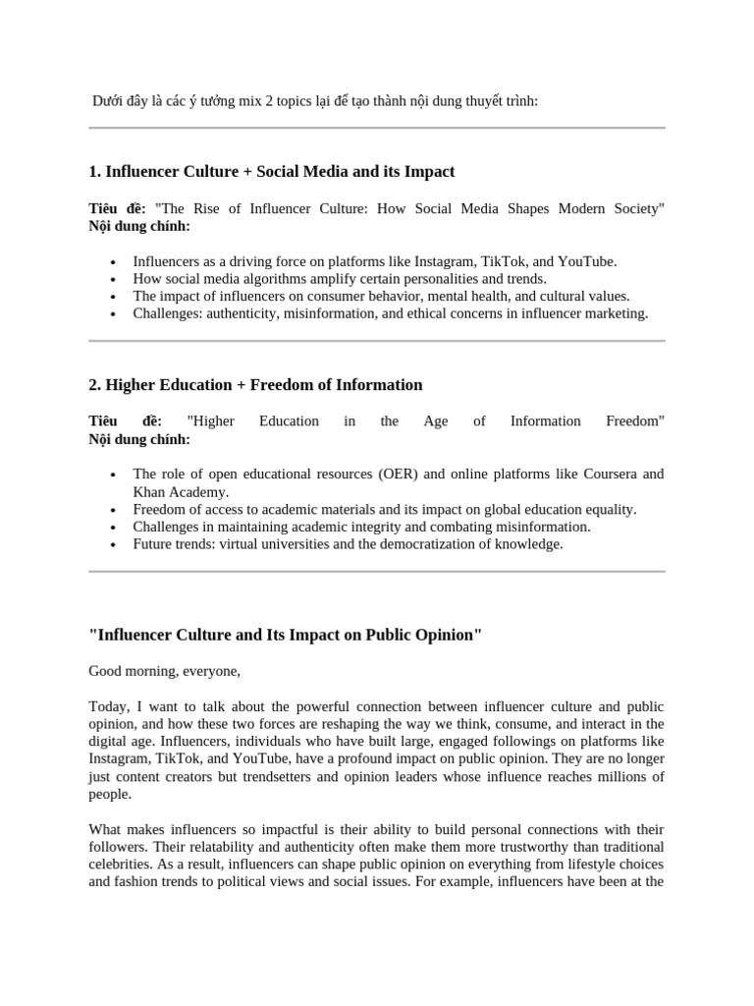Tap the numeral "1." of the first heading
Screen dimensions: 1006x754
(x=94, y=172)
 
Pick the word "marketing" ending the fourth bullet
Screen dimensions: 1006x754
(x=617, y=313)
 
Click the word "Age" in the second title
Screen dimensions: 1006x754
(x=435, y=421)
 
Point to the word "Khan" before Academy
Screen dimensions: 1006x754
(x=150, y=492)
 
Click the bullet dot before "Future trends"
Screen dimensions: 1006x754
(x=115, y=545)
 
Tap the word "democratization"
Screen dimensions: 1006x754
(x=447, y=544)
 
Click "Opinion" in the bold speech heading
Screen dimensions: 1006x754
(x=448, y=635)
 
